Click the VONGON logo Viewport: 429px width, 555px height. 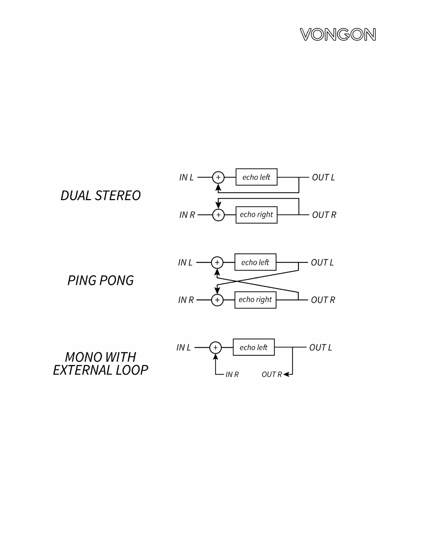tap(338, 35)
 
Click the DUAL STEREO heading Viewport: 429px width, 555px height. tap(101, 196)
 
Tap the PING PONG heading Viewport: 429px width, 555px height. tap(101, 281)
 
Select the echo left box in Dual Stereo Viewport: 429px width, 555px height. tap(256, 177)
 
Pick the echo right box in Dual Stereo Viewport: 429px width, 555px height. tap(256, 215)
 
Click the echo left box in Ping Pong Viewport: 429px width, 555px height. tap(255, 262)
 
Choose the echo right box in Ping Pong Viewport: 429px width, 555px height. tap(255, 300)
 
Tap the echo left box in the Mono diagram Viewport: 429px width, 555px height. tap(253, 347)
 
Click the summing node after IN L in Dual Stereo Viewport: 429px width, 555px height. tap(218, 177)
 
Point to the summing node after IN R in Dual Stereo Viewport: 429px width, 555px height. tap(218, 215)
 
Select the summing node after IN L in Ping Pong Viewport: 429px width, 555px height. tap(217, 262)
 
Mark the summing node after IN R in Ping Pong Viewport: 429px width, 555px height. tap(217, 300)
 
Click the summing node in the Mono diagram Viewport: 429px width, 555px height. tap(216, 348)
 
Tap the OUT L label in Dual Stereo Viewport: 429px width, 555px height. tap(323, 178)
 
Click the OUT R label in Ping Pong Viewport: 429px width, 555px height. tap(323, 300)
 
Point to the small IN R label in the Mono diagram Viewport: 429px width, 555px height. tap(232, 375)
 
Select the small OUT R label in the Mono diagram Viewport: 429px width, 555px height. tap(272, 375)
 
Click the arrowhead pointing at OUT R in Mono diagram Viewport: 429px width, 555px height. tap(286, 375)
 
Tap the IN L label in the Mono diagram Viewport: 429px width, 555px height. tap(183, 348)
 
